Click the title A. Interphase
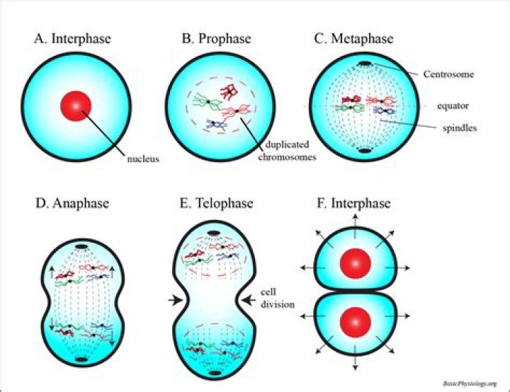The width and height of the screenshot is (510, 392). click(72, 38)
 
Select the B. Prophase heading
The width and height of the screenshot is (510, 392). click(216, 38)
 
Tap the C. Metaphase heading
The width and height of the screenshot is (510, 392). click(353, 38)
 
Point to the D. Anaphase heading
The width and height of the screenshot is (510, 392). click(72, 203)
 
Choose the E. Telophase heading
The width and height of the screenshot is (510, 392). click(216, 203)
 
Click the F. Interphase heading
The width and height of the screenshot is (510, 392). click(353, 203)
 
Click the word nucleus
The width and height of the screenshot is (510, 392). click(143, 159)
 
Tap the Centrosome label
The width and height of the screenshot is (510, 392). click(448, 74)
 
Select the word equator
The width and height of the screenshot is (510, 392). click(453, 106)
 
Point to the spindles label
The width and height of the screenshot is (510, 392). click(460, 128)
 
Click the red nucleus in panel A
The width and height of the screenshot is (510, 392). click(76, 106)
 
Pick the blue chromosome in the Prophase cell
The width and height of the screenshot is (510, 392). click(215, 125)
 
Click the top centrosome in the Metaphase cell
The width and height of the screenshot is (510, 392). click(364, 64)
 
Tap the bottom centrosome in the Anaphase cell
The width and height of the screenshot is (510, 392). click(81, 359)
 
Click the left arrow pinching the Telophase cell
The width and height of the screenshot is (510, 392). click(176, 300)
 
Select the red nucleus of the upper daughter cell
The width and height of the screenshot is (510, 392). click(356, 264)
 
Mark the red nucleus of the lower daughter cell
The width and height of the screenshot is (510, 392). click(356, 323)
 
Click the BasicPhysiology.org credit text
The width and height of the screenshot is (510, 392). click(470, 384)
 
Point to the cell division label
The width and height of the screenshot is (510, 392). click(278, 299)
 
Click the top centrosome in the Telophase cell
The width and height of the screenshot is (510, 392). click(214, 233)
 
